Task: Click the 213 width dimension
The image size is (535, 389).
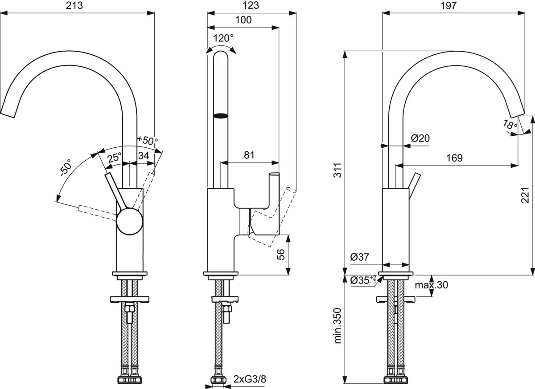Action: click(75, 6)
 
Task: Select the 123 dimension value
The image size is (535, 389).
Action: click(251, 6)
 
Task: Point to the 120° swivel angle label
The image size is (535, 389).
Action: click(223, 38)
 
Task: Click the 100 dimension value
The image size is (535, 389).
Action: click(243, 20)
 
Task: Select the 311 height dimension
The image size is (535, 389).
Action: click(338, 169)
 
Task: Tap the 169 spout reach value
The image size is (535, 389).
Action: click(454, 158)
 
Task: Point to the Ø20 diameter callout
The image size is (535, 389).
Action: click(420, 138)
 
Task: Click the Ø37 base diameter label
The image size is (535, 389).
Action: click(359, 257)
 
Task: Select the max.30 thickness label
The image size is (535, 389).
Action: click(431, 285)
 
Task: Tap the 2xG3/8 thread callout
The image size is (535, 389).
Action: click(250, 379)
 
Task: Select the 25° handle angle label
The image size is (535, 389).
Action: click(114, 157)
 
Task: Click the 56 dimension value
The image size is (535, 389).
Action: click(280, 255)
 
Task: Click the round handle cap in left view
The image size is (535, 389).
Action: click(129, 222)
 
